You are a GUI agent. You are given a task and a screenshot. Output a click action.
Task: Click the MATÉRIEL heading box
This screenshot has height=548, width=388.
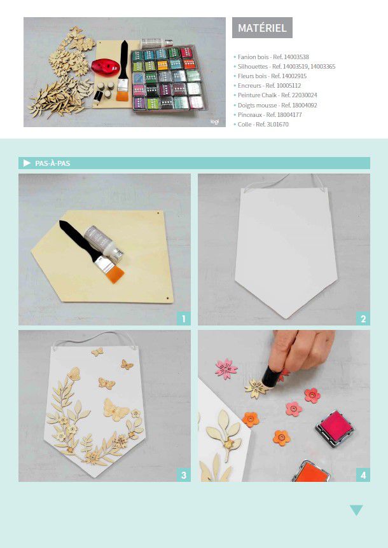[262, 27]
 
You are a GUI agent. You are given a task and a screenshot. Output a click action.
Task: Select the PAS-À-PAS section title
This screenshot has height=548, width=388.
[52, 163]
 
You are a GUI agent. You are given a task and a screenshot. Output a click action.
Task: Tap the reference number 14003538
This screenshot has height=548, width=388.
[296, 57]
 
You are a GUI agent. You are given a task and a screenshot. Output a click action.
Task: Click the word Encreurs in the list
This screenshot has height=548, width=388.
[249, 86]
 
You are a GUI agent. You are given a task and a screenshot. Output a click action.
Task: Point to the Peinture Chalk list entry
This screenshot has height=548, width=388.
[277, 95]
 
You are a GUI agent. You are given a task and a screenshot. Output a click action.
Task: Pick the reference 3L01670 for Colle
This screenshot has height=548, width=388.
[277, 125]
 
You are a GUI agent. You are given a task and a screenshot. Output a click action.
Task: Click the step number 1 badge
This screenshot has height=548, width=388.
[184, 319]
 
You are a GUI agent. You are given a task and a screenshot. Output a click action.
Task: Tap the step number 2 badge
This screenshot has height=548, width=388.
[363, 319]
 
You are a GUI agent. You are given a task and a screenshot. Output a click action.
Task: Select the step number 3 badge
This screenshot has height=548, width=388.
[184, 475]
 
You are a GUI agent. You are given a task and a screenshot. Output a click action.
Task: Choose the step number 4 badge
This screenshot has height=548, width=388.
[363, 475]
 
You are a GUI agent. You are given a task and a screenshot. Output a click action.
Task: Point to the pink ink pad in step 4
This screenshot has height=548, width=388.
[335, 428]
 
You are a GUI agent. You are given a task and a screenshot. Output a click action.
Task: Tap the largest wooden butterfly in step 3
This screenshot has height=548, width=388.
[116, 409]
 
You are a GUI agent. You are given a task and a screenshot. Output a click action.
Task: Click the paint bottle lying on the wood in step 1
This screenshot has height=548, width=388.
[104, 241]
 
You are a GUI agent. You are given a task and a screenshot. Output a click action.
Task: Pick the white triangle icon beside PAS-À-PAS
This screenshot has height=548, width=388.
[27, 163]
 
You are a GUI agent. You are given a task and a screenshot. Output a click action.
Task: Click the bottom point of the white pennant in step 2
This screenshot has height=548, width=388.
[286, 318]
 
